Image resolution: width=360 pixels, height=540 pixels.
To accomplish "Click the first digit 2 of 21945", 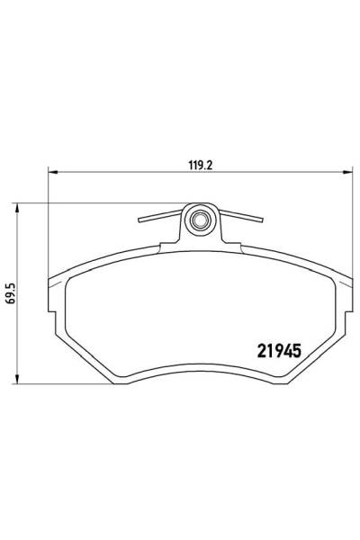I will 247,347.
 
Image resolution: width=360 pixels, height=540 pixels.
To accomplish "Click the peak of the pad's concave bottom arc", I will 200,362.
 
